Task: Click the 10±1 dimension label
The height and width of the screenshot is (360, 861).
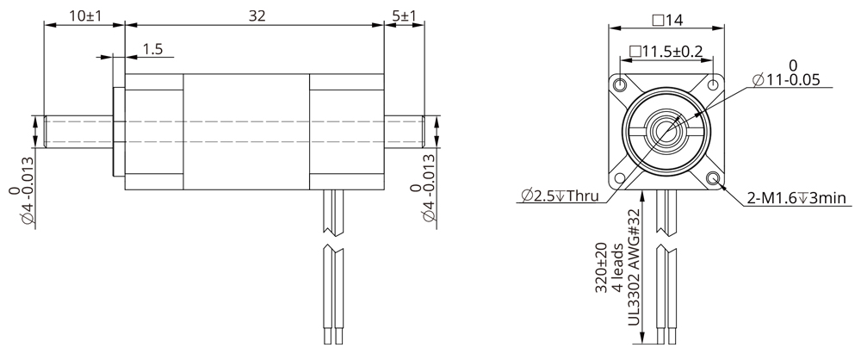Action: point(84,16)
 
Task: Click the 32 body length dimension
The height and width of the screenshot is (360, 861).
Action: point(256,16)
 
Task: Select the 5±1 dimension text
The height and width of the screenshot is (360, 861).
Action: point(403,16)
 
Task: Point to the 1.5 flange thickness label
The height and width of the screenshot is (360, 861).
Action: point(152,50)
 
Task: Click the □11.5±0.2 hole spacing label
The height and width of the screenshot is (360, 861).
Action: point(666,52)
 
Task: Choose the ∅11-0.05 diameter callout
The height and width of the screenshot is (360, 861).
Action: point(785,79)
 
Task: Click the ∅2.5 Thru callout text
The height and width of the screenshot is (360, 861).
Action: point(560,196)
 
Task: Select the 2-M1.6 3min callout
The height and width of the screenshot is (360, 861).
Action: point(797,200)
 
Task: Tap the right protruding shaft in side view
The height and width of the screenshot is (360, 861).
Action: point(403,131)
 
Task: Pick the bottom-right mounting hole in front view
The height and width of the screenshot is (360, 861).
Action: point(714,178)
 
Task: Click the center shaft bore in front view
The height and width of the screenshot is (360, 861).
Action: point(666,131)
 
